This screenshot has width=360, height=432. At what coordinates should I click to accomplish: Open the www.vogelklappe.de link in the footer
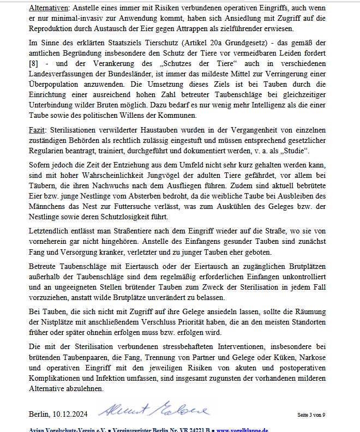pos(244,430)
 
